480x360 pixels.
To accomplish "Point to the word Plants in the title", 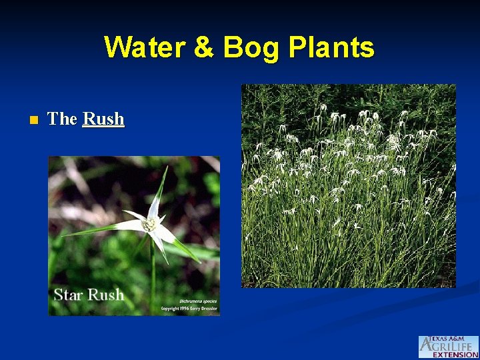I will [333, 48].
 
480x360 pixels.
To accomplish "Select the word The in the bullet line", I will [63, 119].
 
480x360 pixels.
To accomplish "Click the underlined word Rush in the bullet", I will [103, 119].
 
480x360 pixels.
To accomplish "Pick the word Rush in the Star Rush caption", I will [105, 295].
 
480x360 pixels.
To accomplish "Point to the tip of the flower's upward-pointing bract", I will [166, 168].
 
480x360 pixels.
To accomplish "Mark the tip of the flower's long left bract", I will [64, 235].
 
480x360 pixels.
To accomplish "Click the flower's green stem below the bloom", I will [153, 273].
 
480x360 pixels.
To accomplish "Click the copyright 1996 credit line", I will [189, 309].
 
